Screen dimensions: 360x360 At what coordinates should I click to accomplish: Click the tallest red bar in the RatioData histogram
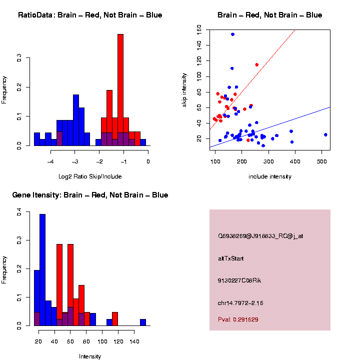[120, 90]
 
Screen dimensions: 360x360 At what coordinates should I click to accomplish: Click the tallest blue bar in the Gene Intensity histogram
[42, 270]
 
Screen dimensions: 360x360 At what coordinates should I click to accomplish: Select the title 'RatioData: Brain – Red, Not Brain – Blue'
[90, 15]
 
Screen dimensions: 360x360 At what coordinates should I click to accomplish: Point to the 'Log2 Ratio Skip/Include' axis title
[90, 176]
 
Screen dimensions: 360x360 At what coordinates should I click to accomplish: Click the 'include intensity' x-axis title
[270, 176]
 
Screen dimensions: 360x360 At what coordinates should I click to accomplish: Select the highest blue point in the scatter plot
[232, 34]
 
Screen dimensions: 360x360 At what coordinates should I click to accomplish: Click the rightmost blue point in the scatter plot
[325, 134]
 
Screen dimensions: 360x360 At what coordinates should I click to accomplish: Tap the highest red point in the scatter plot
[256, 64]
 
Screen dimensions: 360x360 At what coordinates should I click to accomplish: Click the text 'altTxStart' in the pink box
[230, 258]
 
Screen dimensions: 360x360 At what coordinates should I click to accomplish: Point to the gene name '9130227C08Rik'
[239, 280]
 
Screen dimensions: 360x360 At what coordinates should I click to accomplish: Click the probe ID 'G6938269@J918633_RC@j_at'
[260, 236]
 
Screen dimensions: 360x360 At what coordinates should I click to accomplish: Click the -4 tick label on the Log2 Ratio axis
[50, 161]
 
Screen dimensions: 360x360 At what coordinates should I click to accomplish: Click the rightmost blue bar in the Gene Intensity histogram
[142, 322]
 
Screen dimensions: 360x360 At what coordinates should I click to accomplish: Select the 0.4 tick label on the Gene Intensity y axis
[19, 212]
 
